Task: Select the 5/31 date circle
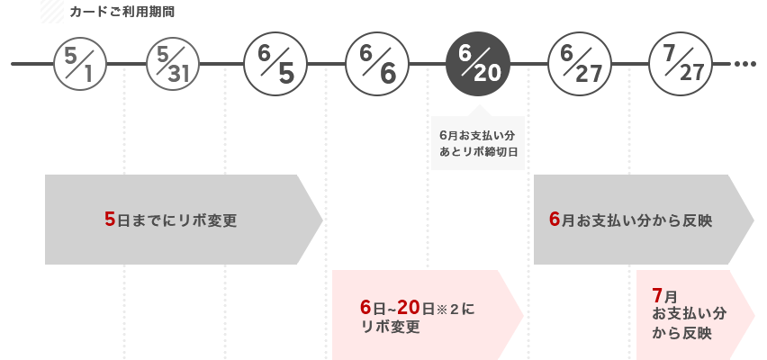click(173, 65)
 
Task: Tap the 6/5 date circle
click(275, 65)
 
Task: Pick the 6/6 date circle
click(377, 65)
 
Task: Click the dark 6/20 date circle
click(478, 65)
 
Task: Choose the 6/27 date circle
click(580, 65)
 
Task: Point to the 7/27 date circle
click(681, 65)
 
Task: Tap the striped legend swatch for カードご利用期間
click(52, 12)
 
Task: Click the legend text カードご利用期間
click(109, 12)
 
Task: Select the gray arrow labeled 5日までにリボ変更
click(180, 220)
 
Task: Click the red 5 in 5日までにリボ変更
click(110, 220)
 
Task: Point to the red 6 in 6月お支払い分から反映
click(555, 220)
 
